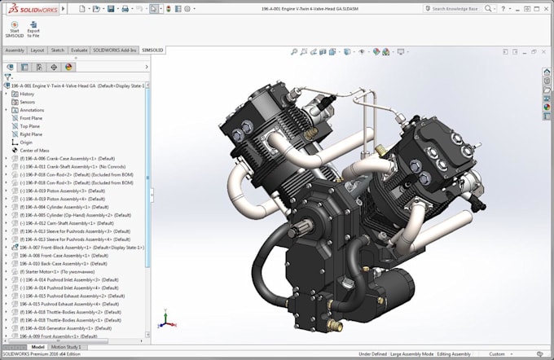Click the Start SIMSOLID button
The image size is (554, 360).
click(14, 29)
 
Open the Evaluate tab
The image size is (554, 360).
click(79, 50)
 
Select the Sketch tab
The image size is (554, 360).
click(58, 50)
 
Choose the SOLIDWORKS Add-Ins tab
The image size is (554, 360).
click(115, 50)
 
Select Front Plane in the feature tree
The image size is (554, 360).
click(31, 118)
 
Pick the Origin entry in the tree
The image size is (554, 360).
click(26, 142)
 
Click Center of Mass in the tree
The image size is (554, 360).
click(35, 150)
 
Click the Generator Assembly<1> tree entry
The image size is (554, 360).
click(66, 327)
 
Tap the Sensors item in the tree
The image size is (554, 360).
click(28, 102)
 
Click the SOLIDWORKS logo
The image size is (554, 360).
click(29, 8)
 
